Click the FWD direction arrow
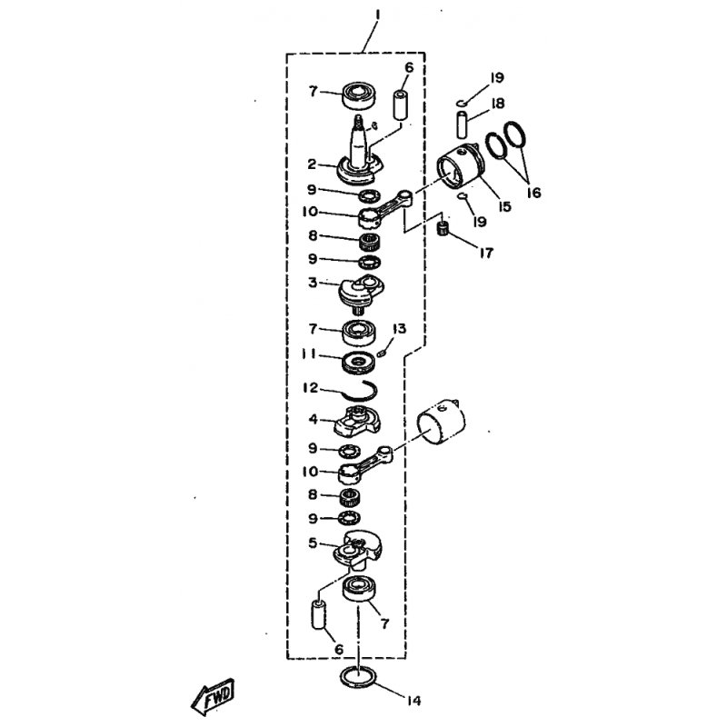click(212, 698)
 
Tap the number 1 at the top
click(376, 15)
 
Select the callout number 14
click(414, 701)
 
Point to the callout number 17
click(485, 254)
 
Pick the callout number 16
click(533, 193)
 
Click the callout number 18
click(497, 105)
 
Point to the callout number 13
click(397, 329)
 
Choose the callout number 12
click(311, 388)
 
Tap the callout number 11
click(310, 354)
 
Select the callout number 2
click(311, 164)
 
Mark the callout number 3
click(312, 284)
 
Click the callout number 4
click(312, 420)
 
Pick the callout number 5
click(312, 543)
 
